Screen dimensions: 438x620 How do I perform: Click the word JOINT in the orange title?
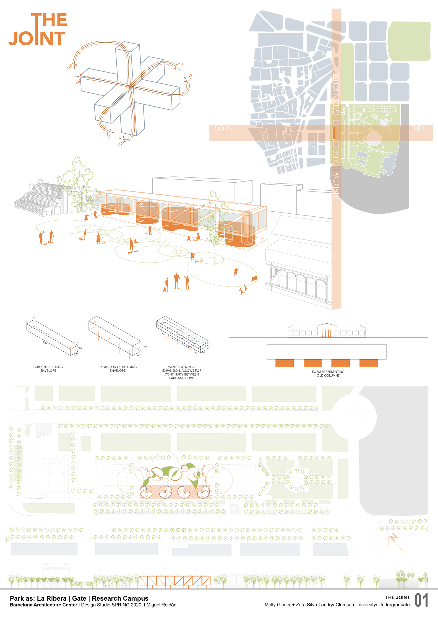pyautogui.click(x=37, y=39)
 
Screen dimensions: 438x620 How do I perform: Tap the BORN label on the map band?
pyautogui.click(x=224, y=129)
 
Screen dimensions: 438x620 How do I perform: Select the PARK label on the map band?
pyautogui.click(x=417, y=129)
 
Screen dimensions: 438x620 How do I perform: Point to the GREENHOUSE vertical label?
pyautogui.click(x=336, y=93)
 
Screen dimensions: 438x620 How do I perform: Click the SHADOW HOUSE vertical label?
pyautogui.click(x=336, y=175)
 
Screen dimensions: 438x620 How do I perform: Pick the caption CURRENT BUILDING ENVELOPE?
pyautogui.click(x=48, y=368)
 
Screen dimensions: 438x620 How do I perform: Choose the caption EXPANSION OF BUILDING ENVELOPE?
pyautogui.click(x=117, y=368)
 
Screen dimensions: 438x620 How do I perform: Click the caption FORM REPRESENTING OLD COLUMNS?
pyautogui.click(x=328, y=374)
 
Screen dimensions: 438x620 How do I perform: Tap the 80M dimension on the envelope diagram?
pyautogui.click(x=44, y=343)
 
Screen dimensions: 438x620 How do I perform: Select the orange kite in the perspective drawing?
pyautogui.click(x=255, y=278)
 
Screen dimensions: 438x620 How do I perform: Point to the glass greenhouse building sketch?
pyautogui.click(x=41, y=199)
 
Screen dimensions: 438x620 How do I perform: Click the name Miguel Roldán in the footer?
pyautogui.click(x=161, y=605)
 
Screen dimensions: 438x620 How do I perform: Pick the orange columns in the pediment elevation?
pyautogui.click(x=326, y=333)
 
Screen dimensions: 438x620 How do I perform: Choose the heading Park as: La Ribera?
pyautogui.click(x=38, y=598)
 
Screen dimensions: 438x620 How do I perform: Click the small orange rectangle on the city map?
pyautogui.click(x=334, y=133)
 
